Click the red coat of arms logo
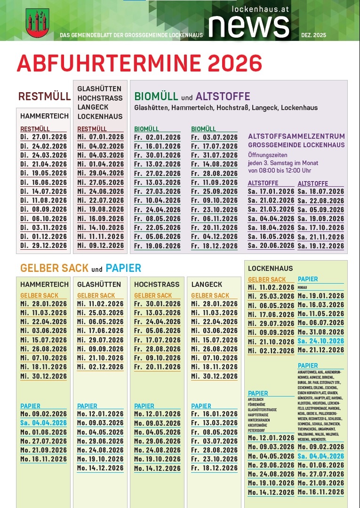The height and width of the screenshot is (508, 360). click(x=37, y=23)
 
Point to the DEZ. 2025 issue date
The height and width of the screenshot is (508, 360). click(x=313, y=35)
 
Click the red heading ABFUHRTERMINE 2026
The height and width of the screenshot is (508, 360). click(x=139, y=63)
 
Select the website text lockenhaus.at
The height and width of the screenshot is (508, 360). click(x=261, y=8)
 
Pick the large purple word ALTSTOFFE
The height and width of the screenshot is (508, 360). click(x=223, y=96)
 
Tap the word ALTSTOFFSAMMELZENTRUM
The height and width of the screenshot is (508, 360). click(x=296, y=136)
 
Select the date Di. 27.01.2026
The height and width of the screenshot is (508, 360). click(x=43, y=137)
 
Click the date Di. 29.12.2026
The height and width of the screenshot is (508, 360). click(x=43, y=246)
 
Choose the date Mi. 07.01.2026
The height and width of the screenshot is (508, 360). click(x=100, y=137)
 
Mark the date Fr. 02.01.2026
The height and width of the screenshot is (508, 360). click(x=157, y=137)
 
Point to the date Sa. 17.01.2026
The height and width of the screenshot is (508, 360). click(x=271, y=191)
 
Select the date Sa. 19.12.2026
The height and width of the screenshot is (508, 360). click(x=320, y=246)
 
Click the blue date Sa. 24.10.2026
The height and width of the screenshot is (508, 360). click(x=320, y=341)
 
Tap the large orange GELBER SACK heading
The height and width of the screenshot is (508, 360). click(x=54, y=268)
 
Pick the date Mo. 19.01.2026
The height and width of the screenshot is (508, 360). click(x=320, y=296)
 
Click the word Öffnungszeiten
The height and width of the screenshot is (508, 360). click(x=267, y=155)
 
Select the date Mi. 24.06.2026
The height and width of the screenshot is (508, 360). click(x=100, y=191)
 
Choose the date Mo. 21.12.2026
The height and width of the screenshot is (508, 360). click(x=320, y=350)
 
